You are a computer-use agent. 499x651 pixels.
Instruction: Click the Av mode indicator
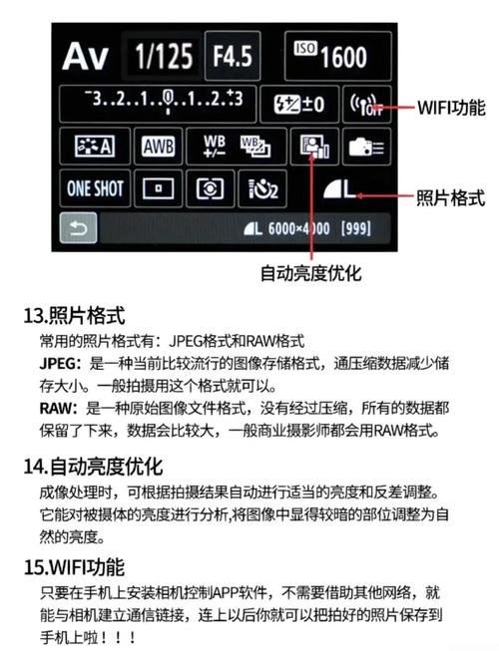click(88, 56)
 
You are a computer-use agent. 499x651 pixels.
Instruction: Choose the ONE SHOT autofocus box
click(95, 187)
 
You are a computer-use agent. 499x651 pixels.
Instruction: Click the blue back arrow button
click(77, 230)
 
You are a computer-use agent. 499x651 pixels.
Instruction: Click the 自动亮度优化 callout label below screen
click(310, 272)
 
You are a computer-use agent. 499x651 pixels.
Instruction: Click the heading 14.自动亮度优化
click(92, 466)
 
